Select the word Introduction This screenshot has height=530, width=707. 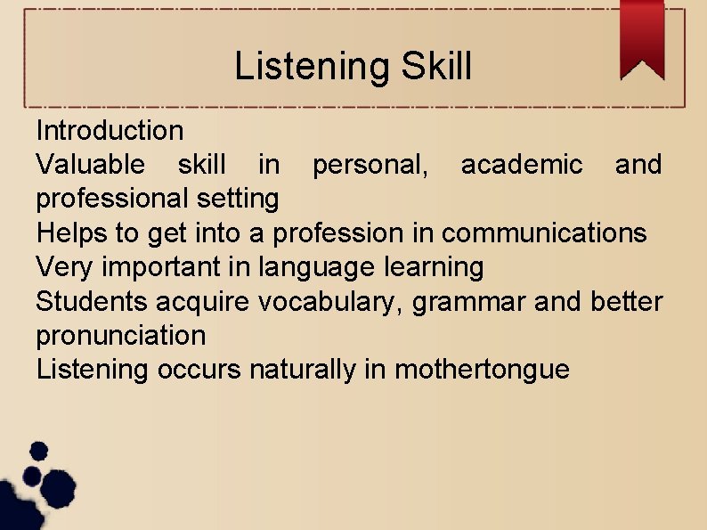pos(110,131)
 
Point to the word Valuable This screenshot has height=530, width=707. pos(89,165)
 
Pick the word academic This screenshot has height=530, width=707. pos(522,165)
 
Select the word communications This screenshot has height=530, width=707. pos(544,232)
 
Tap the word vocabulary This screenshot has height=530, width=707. pos(329,302)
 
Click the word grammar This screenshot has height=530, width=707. pos(468,303)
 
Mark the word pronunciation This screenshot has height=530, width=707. pos(120,336)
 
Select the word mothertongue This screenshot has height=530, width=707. pos(482,370)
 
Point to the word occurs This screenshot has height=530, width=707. pos(199,370)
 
